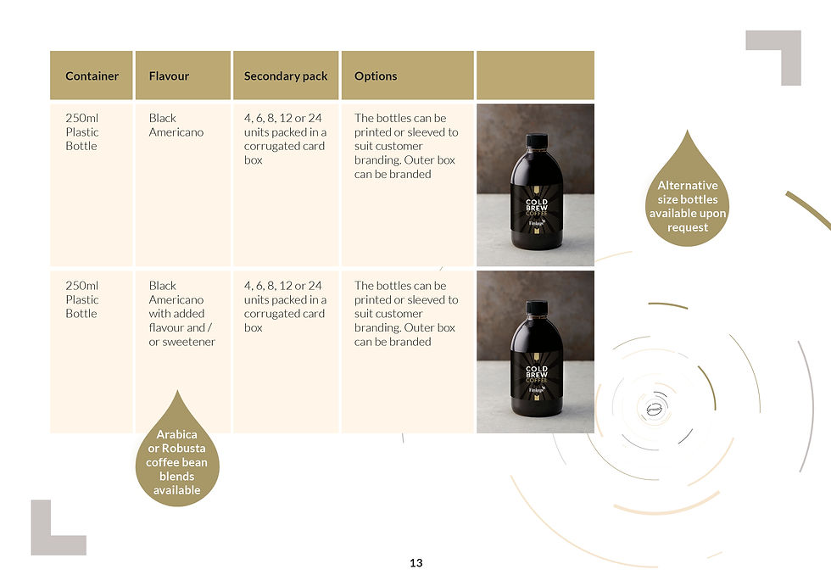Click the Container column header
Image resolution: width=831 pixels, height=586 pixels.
(x=92, y=75)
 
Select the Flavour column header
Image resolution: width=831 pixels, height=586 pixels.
(x=169, y=75)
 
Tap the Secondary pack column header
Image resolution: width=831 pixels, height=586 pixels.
(x=286, y=75)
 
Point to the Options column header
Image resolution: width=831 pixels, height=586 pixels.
(x=376, y=75)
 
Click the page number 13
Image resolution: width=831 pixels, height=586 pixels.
(x=415, y=563)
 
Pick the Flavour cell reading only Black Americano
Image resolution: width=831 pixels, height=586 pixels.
(x=176, y=126)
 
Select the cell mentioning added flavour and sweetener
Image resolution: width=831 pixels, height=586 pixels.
(x=182, y=314)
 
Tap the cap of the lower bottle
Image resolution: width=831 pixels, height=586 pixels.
(x=535, y=307)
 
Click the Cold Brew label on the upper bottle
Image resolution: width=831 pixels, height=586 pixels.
(x=536, y=208)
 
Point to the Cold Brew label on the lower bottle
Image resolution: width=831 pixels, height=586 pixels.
(x=536, y=374)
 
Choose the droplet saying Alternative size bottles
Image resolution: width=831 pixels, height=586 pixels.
(x=688, y=199)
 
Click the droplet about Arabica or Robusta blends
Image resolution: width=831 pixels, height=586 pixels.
(x=176, y=458)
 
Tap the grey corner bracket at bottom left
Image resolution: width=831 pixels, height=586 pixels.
(x=53, y=532)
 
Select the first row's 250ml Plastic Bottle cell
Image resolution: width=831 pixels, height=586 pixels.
(x=82, y=132)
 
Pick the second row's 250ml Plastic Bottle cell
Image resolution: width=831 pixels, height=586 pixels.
(x=82, y=300)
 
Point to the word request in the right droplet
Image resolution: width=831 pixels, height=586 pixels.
(x=688, y=227)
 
